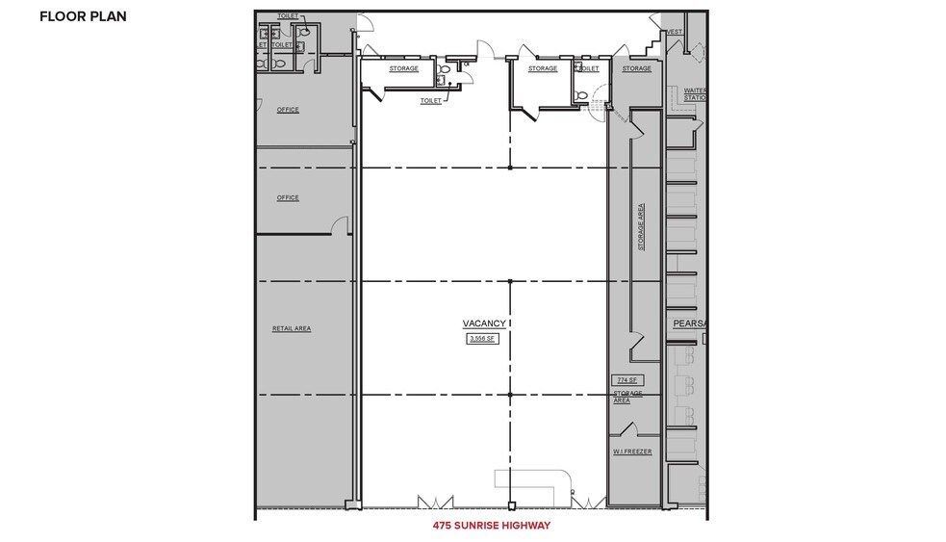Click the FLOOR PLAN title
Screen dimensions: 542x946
(x=83, y=16)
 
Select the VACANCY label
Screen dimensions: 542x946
(x=483, y=324)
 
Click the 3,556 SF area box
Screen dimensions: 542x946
(x=483, y=340)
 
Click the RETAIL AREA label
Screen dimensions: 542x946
(x=292, y=328)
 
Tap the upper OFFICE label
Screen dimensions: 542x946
(x=288, y=110)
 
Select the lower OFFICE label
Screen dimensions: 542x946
(x=288, y=198)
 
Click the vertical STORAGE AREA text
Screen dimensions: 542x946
(x=642, y=227)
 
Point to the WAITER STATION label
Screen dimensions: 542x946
(x=695, y=94)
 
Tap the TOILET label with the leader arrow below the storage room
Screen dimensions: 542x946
(x=431, y=100)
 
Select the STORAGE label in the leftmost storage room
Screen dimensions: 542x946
(x=403, y=68)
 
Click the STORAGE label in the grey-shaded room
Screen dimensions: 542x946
(x=636, y=68)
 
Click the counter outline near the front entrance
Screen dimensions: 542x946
(x=531, y=482)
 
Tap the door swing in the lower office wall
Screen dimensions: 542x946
(x=340, y=225)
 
